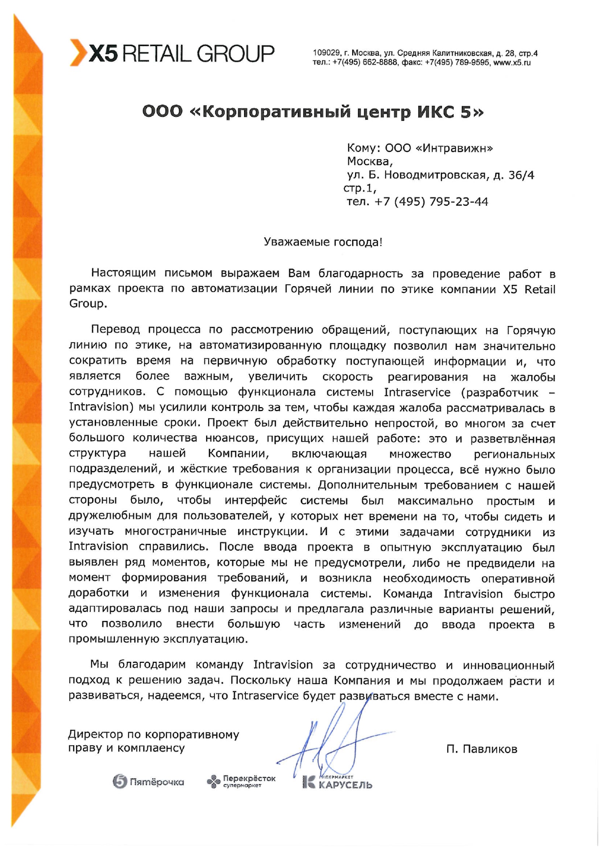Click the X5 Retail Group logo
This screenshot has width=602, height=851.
click(x=172, y=53)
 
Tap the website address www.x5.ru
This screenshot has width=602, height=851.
click(x=512, y=63)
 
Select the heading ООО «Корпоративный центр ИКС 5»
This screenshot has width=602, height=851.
click(x=313, y=112)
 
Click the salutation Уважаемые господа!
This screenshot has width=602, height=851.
click(x=323, y=242)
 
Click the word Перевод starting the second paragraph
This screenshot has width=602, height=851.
click(x=115, y=330)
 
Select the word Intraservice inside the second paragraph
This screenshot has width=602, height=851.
click(x=417, y=392)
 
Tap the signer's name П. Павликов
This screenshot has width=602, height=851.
click(x=482, y=749)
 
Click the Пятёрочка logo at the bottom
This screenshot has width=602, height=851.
click(x=148, y=782)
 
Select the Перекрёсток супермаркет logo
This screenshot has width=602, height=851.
click(x=241, y=781)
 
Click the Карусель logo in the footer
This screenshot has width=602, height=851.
click(x=337, y=782)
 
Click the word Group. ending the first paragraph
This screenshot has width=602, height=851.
click(x=88, y=304)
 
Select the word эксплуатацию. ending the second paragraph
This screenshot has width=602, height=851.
click(x=206, y=639)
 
